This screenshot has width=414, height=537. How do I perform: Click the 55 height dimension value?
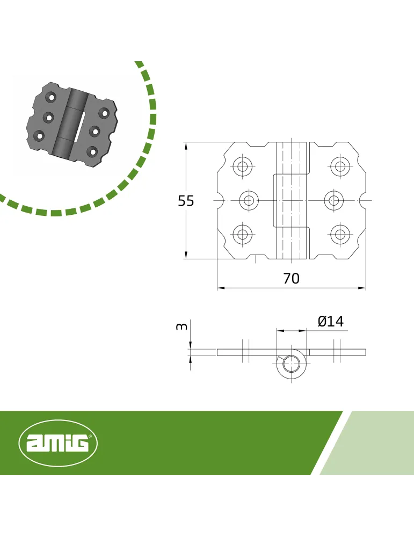click(x=186, y=201)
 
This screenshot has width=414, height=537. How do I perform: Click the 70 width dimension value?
click(x=292, y=279)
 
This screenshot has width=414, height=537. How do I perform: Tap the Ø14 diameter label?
click(x=330, y=321)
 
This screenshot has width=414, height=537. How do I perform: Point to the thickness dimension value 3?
click(x=181, y=326)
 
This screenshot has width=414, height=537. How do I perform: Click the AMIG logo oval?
click(x=58, y=443)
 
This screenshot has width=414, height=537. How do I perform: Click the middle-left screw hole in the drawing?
click(x=249, y=200)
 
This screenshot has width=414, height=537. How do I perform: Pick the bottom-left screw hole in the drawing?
click(x=243, y=234)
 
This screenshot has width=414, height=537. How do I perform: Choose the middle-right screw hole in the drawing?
click(x=334, y=200)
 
